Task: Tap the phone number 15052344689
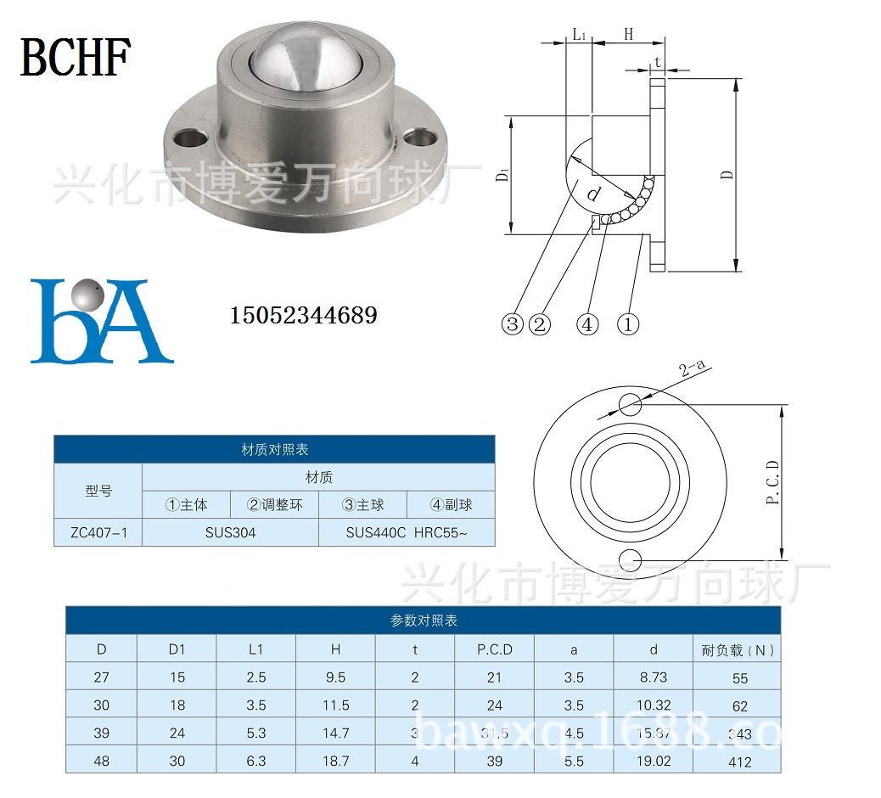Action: (303, 316)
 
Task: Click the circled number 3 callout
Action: (512, 323)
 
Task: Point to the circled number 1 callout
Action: (627, 323)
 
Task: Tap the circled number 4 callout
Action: (587, 323)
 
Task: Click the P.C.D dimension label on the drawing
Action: (772, 482)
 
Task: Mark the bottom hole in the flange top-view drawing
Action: (630, 559)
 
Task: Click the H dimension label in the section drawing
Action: (629, 35)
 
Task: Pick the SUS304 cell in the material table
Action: (230, 532)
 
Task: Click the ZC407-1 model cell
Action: (98, 532)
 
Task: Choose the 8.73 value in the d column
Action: (653, 677)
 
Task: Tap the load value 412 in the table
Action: (739, 761)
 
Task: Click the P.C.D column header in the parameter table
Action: (495, 649)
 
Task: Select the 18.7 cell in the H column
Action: (335, 761)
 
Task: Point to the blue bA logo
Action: (100, 320)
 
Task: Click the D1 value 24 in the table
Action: (177, 733)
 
